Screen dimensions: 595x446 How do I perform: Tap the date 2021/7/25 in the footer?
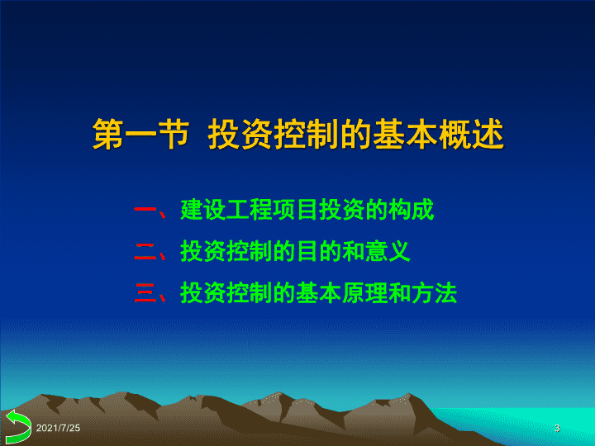click(x=58, y=428)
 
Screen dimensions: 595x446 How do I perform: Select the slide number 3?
click(x=557, y=428)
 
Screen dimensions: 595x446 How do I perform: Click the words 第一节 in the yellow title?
click(x=140, y=135)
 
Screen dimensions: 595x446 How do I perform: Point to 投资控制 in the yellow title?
click(x=274, y=135)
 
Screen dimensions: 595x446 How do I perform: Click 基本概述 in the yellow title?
click(x=438, y=135)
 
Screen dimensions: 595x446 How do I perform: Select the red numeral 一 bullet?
click(x=145, y=209)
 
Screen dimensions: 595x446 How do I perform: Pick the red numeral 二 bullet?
click(x=145, y=251)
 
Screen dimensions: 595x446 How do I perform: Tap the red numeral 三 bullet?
click(x=145, y=293)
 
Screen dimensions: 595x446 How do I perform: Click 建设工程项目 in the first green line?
click(x=249, y=209)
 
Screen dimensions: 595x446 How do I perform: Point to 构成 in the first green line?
click(x=411, y=209)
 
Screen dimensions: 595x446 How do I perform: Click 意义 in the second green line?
click(x=388, y=251)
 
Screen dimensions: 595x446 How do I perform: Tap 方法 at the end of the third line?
click(x=435, y=293)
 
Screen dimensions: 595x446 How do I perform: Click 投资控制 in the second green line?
click(x=226, y=251)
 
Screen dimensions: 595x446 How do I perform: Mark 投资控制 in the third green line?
click(x=226, y=293)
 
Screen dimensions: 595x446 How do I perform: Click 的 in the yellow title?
click(x=356, y=135)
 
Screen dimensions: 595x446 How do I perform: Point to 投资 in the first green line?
click(x=341, y=209)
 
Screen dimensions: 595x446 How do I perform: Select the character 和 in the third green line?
click(x=400, y=293)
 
